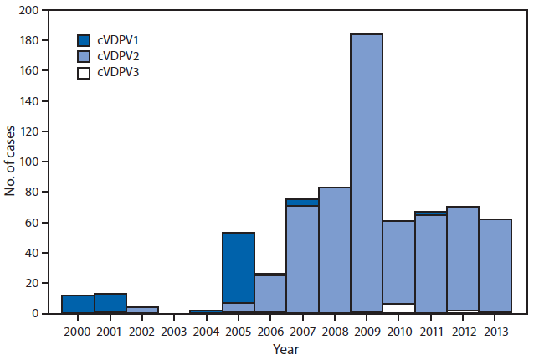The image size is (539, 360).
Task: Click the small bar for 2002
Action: [x=142, y=310]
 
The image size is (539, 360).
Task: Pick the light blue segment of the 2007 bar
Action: [x=302, y=259]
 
